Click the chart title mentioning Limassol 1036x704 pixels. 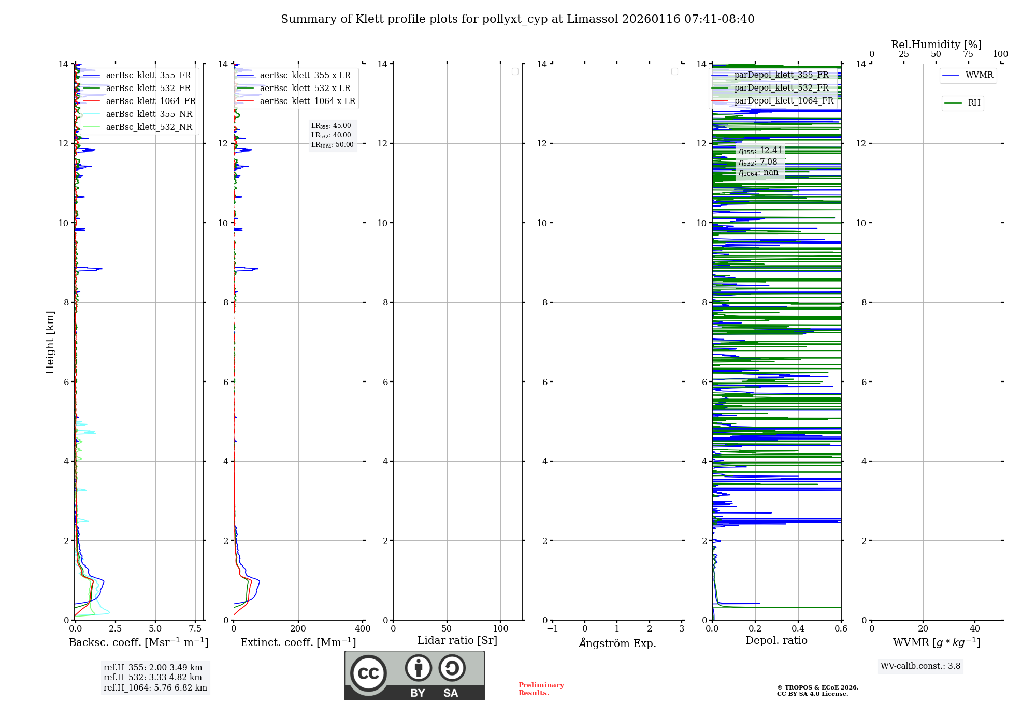[x=517, y=19]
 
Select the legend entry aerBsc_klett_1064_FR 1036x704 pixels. [x=150, y=101]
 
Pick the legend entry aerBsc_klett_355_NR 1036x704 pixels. [x=149, y=114]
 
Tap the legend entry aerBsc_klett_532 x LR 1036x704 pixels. [x=305, y=89]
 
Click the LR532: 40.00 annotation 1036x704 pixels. [x=331, y=135]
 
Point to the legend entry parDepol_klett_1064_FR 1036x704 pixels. [x=783, y=101]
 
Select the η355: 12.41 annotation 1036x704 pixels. [x=760, y=151]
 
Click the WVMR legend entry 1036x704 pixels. [x=979, y=75]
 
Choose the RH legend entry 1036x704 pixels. [x=973, y=103]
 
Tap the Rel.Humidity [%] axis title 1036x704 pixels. [x=936, y=45]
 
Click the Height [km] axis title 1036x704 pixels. [x=50, y=342]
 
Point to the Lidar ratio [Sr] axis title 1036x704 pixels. [x=457, y=641]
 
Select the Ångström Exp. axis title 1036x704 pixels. [x=617, y=643]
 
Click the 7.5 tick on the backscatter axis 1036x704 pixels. [x=195, y=629]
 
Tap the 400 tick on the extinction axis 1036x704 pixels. [x=363, y=629]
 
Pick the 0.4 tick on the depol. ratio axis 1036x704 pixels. [x=798, y=629]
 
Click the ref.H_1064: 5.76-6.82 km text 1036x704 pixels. [x=155, y=688]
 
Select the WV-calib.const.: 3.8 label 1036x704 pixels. [x=920, y=666]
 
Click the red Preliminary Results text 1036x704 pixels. [x=541, y=689]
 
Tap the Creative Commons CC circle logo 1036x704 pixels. [x=368, y=673]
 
